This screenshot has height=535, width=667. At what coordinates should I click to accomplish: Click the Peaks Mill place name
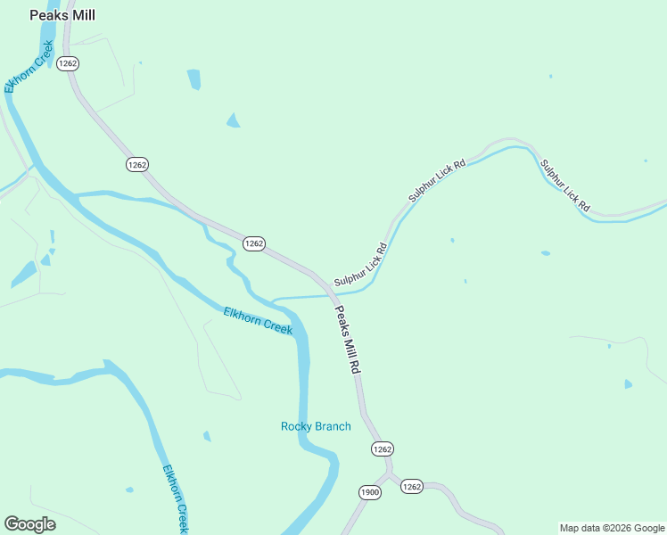coord(62,15)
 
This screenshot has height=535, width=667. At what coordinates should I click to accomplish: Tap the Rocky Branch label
coord(316,426)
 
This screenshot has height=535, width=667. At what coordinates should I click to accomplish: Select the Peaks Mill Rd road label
coord(349,340)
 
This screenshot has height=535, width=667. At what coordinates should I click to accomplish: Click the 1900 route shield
coord(370,492)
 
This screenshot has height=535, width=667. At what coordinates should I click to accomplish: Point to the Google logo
coord(29,524)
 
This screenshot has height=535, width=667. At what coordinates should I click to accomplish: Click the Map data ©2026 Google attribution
coord(612,528)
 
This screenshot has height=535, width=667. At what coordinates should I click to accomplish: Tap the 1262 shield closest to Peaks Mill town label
coord(68,63)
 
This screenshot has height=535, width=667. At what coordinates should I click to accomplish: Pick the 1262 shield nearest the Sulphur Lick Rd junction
coord(254,243)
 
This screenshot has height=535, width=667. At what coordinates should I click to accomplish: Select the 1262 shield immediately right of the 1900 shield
coord(411,486)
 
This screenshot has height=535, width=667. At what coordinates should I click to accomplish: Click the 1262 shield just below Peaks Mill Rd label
coord(382,449)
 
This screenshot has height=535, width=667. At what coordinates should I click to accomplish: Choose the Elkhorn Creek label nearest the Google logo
coord(176,498)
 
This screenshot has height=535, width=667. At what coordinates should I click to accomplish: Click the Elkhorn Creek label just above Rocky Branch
coord(258,320)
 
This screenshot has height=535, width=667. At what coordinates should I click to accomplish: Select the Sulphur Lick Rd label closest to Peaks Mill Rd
coord(360,265)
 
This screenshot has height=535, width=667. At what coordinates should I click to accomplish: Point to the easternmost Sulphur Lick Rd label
coord(565,185)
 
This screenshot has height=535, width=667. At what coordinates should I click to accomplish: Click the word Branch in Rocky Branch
coord(333,426)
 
